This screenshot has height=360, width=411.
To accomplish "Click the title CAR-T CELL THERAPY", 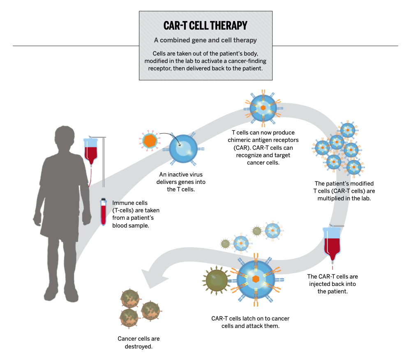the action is [x=205, y=26].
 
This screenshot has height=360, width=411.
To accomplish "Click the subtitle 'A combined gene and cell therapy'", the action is [x=205, y=40].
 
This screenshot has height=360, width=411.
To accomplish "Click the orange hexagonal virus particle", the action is [x=150, y=141].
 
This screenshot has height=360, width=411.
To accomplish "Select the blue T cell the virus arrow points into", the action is [x=183, y=149].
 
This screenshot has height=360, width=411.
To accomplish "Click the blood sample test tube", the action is [x=103, y=212].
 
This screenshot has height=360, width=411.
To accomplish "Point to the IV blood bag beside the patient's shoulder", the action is [x=91, y=151].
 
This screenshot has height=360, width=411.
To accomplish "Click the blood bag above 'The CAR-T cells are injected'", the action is [x=332, y=244].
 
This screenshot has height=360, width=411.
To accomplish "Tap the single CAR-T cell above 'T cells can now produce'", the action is [x=263, y=108].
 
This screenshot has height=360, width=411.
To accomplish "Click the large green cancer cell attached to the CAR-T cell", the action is [x=217, y=281].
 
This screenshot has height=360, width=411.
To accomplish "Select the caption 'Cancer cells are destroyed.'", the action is [x=139, y=342].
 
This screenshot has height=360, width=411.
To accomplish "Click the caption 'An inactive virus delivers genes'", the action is [x=181, y=182].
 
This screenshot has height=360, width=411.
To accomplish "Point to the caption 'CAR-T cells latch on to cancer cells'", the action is [x=250, y=322].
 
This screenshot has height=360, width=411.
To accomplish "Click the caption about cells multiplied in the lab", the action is [x=344, y=191].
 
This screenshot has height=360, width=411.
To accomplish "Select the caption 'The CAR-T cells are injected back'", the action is [x=332, y=284].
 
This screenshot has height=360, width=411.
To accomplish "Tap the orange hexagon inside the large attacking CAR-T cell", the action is [x=256, y=279].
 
